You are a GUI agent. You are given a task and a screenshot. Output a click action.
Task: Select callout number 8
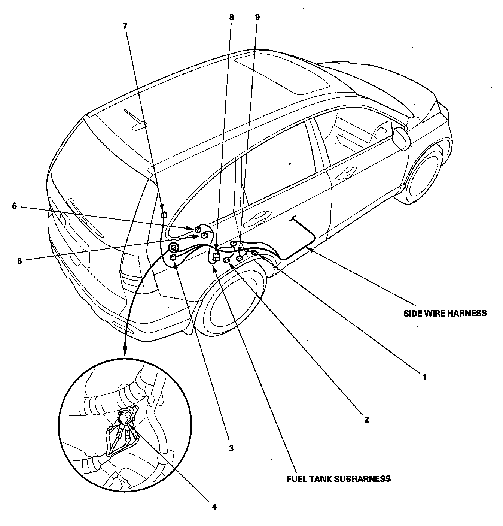click(x=231, y=17)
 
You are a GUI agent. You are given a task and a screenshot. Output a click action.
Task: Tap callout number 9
click(x=257, y=17)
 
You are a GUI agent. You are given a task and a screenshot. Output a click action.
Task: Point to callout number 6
click(x=15, y=206)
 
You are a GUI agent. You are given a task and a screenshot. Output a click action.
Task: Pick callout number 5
click(x=19, y=261)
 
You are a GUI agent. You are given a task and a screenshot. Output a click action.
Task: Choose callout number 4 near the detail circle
click(x=214, y=507)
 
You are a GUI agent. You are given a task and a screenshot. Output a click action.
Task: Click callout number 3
click(x=231, y=448)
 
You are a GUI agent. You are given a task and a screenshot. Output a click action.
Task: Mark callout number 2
click(x=366, y=419)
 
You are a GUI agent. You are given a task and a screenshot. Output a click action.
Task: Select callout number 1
click(x=424, y=377)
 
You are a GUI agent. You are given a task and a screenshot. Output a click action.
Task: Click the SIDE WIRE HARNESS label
click(x=445, y=313)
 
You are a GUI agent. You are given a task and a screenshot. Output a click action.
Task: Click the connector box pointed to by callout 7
click(x=163, y=215)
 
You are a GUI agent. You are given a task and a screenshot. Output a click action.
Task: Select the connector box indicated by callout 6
click(x=198, y=229)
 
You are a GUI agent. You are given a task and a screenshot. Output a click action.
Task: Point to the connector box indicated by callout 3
click(x=173, y=257)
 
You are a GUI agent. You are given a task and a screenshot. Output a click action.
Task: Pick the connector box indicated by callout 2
click(x=226, y=260)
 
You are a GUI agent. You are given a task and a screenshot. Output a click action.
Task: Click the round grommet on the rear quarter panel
click(x=174, y=247)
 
